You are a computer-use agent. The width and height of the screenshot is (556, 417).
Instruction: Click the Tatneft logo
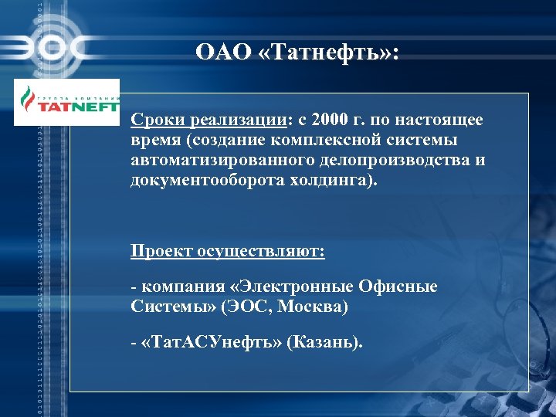click(x=68, y=103)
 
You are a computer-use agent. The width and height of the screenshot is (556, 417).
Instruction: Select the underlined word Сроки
click(x=153, y=120)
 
